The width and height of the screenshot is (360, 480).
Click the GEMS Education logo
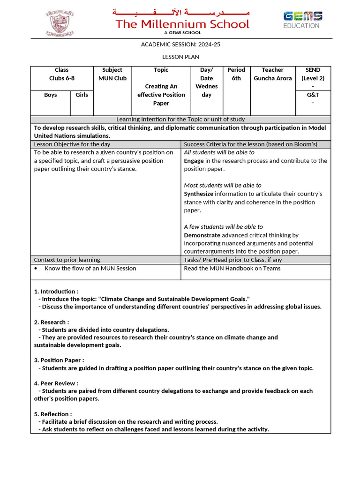[302, 20]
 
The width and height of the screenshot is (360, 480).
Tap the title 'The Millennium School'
[182, 24]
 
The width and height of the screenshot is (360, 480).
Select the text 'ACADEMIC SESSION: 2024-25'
[180, 45]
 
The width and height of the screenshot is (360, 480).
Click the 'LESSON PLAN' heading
[180, 57]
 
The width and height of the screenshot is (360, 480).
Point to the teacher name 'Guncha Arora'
[272, 78]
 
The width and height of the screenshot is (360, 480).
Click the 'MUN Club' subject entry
[112, 78]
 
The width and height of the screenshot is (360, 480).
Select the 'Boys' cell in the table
[51, 95]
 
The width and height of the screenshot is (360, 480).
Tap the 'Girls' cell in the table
[82, 95]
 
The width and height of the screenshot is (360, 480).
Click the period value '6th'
[236, 78]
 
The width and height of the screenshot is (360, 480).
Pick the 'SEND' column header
[313, 70]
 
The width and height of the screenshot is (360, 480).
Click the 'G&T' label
[313, 95]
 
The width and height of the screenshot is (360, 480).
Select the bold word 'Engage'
[194, 161]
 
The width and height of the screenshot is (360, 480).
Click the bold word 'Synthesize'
[198, 194]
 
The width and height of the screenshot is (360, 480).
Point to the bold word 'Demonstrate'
[202, 235]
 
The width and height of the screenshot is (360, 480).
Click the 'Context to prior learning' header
[67, 260]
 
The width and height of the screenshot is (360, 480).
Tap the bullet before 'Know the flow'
[36, 269]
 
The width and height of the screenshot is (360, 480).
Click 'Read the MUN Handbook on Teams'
[232, 269]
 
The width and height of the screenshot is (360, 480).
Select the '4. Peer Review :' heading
[56, 383]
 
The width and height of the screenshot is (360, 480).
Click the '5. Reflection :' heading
[53, 414]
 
